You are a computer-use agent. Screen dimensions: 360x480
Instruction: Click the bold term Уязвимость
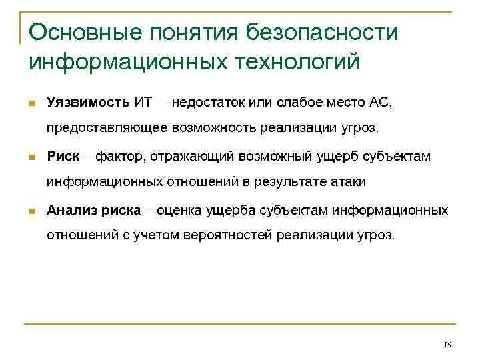(x=87, y=102)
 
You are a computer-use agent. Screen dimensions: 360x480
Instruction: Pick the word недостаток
(x=211, y=102)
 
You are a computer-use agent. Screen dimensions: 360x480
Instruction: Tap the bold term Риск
(x=63, y=157)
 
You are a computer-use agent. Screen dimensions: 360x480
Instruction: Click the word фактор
(x=120, y=157)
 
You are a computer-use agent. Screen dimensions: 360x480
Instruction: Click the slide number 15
(x=447, y=345)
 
